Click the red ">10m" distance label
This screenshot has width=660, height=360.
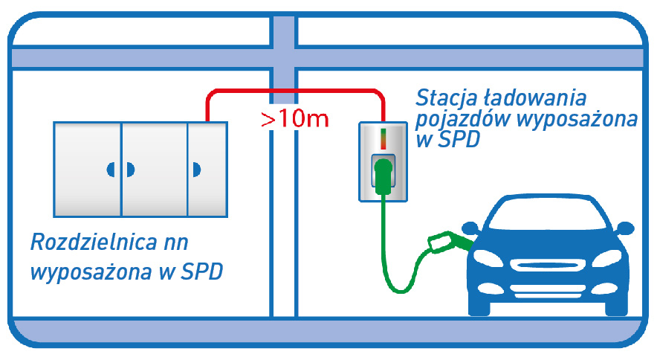[x=294, y=120]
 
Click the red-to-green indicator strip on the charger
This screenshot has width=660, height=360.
[x=383, y=138]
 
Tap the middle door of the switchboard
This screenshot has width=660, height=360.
[x=154, y=169]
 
